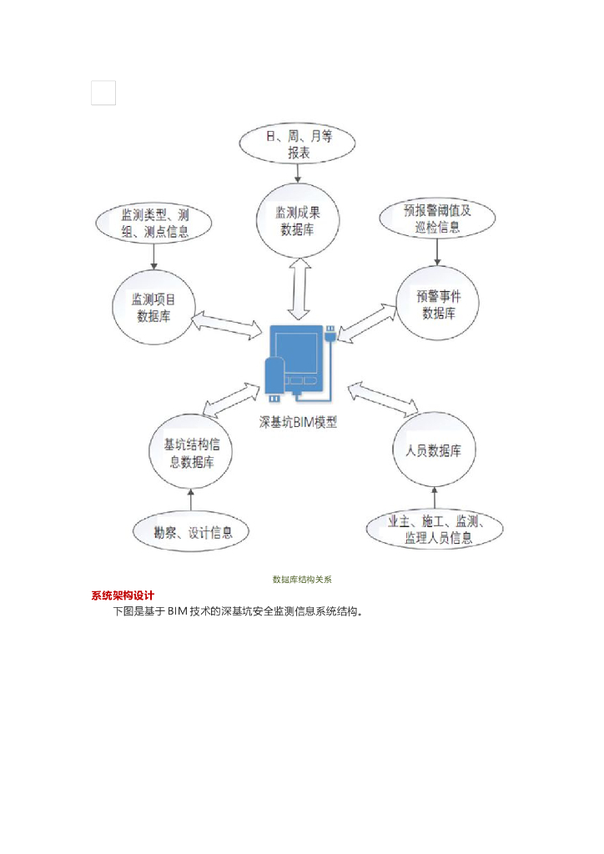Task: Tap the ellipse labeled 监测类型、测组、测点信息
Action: [x=154, y=223]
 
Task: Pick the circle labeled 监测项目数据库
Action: [x=153, y=306]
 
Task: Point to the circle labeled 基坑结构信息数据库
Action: [x=191, y=454]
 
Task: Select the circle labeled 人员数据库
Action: [x=434, y=450]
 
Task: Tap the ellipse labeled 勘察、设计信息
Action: [x=193, y=531]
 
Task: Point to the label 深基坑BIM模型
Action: [x=297, y=423]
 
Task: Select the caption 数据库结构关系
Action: [x=302, y=579]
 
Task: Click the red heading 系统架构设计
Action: [x=123, y=595]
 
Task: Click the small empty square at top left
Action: [x=103, y=93]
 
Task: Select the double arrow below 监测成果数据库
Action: [x=299, y=288]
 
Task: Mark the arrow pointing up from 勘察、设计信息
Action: [x=191, y=500]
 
